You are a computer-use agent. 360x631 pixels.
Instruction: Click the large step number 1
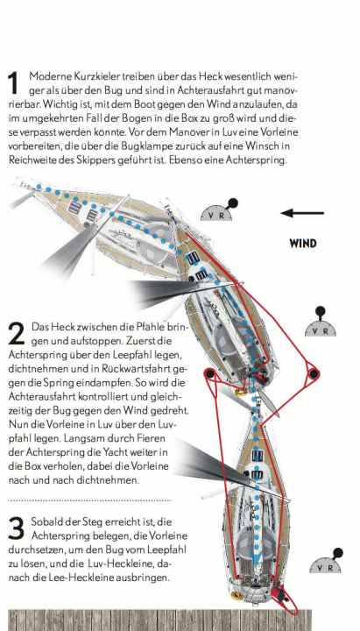[x=13, y=84]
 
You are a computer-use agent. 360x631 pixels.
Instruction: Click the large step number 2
[x=15, y=333]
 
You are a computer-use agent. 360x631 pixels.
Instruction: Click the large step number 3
[x=15, y=528]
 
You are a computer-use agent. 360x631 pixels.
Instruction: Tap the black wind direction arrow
[x=302, y=213]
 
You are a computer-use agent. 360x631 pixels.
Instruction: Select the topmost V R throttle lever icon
[x=217, y=210]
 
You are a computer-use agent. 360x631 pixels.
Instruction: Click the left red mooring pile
[x=210, y=374]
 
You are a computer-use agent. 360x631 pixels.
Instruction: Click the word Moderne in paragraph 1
[x=48, y=77]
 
